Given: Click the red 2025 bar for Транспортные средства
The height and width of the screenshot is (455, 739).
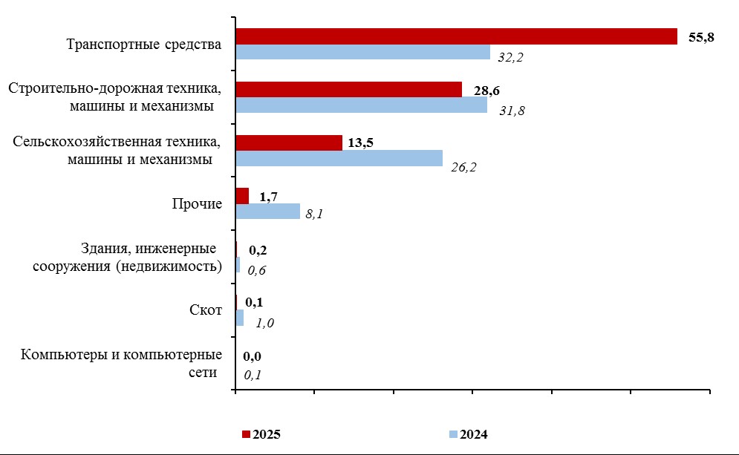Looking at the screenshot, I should [x=456, y=36].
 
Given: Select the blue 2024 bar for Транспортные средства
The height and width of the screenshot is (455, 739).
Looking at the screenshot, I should [x=362, y=52].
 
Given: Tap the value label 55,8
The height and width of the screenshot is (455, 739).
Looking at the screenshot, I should [x=701, y=37].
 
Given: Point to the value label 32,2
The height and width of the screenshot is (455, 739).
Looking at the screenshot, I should [x=511, y=57].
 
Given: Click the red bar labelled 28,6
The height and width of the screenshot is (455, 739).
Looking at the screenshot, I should [x=348, y=90].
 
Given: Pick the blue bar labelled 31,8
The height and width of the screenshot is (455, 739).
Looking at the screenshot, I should [x=361, y=105].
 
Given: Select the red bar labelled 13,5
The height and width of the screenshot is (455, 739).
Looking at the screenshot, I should [x=289, y=143].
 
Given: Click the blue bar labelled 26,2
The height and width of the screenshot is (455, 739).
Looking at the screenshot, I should [x=339, y=158].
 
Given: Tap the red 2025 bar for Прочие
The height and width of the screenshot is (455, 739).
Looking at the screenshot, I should [x=242, y=196].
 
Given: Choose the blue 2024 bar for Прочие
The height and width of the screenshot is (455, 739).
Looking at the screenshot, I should [x=267, y=212].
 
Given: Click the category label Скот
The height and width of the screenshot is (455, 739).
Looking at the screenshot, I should [x=206, y=310].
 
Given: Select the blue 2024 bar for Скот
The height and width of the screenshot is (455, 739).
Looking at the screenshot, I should [x=239, y=318].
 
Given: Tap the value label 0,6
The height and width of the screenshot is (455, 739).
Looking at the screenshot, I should [x=256, y=270].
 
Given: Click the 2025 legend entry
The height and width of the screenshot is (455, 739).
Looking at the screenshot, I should [x=261, y=434].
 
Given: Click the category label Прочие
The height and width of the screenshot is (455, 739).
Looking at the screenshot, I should [x=197, y=204].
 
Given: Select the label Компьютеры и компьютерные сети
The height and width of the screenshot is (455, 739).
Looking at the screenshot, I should [x=122, y=363].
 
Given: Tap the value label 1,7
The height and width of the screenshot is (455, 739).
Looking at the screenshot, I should [x=270, y=197].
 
